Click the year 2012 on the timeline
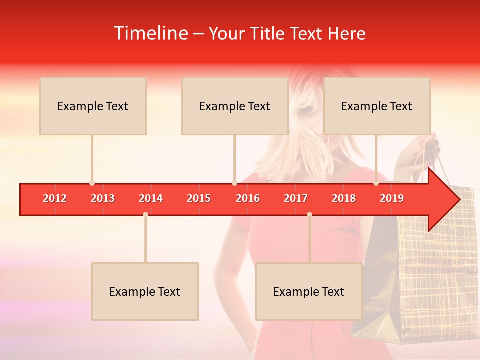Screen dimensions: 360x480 [55, 198]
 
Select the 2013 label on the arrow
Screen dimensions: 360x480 [103, 198]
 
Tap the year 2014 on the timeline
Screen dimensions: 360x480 [151, 198]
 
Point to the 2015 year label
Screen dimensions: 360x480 [199, 198]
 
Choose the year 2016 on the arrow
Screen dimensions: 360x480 [248, 198]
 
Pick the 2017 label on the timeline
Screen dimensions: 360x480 [296, 198]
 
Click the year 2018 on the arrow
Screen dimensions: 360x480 [344, 198]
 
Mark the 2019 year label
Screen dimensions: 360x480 [392, 198]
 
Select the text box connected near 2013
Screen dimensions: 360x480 [93, 106]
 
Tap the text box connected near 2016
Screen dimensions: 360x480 [235, 106]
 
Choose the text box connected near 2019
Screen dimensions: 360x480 [377, 106]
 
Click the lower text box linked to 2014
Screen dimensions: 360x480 [145, 292]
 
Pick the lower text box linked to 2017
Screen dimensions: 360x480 [309, 292]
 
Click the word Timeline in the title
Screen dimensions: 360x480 [151, 33]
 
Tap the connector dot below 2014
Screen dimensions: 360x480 [145, 214]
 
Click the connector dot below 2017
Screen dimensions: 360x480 [309, 214]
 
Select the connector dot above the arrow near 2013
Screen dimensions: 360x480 [92, 183]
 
